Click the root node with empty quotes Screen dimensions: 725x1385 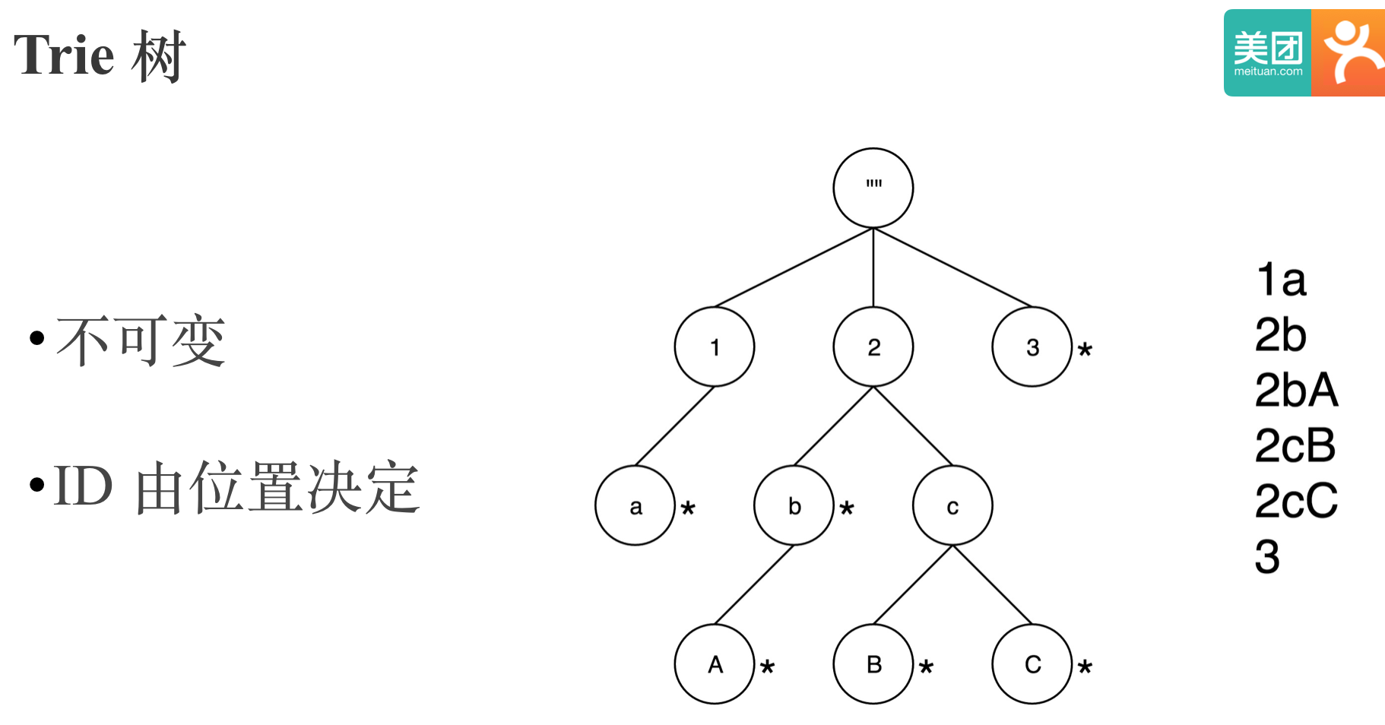(x=873, y=188)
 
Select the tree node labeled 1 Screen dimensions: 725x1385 (x=714, y=347)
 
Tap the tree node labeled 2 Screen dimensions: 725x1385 (x=873, y=347)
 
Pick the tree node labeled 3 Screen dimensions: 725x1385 (x=1032, y=347)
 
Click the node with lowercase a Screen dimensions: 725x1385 (x=635, y=506)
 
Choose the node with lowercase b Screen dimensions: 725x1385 (x=794, y=506)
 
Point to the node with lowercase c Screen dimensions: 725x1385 (x=952, y=506)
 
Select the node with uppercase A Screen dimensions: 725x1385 (x=714, y=665)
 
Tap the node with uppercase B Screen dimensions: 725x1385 (x=873, y=665)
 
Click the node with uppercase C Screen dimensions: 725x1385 (x=1032, y=665)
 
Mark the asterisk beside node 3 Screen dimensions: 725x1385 (x=1085, y=350)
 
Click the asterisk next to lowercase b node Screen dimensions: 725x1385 (x=847, y=508)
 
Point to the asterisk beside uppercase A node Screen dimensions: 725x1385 (x=767, y=667)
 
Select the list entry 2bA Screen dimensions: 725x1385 (x=1295, y=391)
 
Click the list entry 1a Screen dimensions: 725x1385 (x=1281, y=280)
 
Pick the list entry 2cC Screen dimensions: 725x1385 (x=1295, y=502)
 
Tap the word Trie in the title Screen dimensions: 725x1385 (x=64, y=55)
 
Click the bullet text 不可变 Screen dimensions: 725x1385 (x=141, y=341)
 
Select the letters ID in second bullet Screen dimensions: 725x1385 (x=84, y=486)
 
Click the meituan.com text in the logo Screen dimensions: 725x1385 (x=1268, y=72)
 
